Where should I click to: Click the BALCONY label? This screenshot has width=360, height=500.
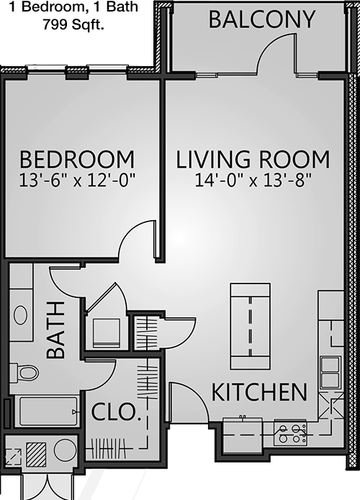(x=262, y=19)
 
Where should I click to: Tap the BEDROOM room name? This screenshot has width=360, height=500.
(x=77, y=160)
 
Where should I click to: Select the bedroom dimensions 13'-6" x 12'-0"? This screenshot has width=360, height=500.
(x=78, y=181)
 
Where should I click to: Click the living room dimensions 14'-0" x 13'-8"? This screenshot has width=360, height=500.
(x=253, y=181)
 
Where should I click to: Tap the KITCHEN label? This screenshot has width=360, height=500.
(x=259, y=392)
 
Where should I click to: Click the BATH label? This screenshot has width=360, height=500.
(x=56, y=330)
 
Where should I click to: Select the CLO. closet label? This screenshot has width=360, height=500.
(x=116, y=412)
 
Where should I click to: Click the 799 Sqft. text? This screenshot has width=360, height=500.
(x=73, y=24)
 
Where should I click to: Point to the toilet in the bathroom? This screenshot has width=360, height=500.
(x=24, y=372)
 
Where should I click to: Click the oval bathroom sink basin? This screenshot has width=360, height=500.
(x=20, y=315)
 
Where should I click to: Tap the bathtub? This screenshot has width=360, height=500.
(x=49, y=412)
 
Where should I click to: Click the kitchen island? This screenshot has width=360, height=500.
(x=251, y=326)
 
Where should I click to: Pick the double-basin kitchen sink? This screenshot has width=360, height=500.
(x=330, y=373)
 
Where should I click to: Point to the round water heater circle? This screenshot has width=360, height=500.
(x=65, y=450)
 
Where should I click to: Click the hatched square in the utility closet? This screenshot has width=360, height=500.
(x=36, y=454)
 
